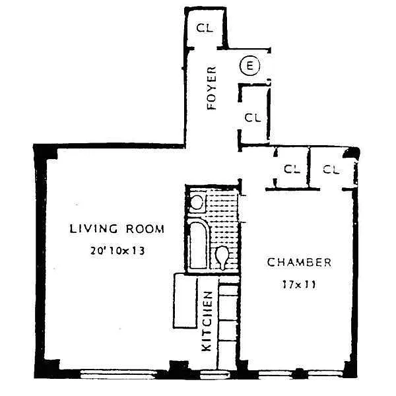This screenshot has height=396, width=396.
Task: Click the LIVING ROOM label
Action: pyautogui.click(x=117, y=228)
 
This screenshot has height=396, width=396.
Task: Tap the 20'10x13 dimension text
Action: pyautogui.click(x=117, y=251)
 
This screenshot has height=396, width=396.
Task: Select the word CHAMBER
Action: pyautogui.click(x=299, y=263)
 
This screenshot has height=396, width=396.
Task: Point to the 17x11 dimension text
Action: pyautogui.click(x=299, y=284)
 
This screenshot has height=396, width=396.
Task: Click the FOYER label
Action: pyautogui.click(x=212, y=88)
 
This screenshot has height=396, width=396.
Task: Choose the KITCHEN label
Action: pyautogui.click(x=207, y=321)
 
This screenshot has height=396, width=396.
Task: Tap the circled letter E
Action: pyautogui.click(x=249, y=66)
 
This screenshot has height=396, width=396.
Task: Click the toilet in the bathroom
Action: pyautogui.click(x=222, y=257)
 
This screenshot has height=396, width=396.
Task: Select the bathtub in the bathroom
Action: pyautogui.click(x=198, y=244)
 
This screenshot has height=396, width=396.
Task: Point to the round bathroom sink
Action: pyautogui.click(x=197, y=203)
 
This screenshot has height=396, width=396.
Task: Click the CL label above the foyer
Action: pyautogui.click(x=205, y=28)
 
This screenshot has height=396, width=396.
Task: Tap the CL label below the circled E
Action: pyautogui.click(x=253, y=117)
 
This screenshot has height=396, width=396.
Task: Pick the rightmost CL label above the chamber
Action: pyautogui.click(x=331, y=170)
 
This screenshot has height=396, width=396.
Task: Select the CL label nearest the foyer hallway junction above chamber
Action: pyautogui.click(x=292, y=169)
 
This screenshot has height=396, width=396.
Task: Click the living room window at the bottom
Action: pyautogui.click(x=118, y=374)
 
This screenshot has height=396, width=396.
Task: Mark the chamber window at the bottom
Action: pyautogui.click(x=300, y=374)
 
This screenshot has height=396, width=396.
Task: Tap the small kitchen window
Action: pyautogui.click(x=215, y=374)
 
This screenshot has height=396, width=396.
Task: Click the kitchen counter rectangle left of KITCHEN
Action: pyautogui.click(x=185, y=301)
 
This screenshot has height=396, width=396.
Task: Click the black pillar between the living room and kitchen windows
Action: pyautogui.click(x=179, y=368)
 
